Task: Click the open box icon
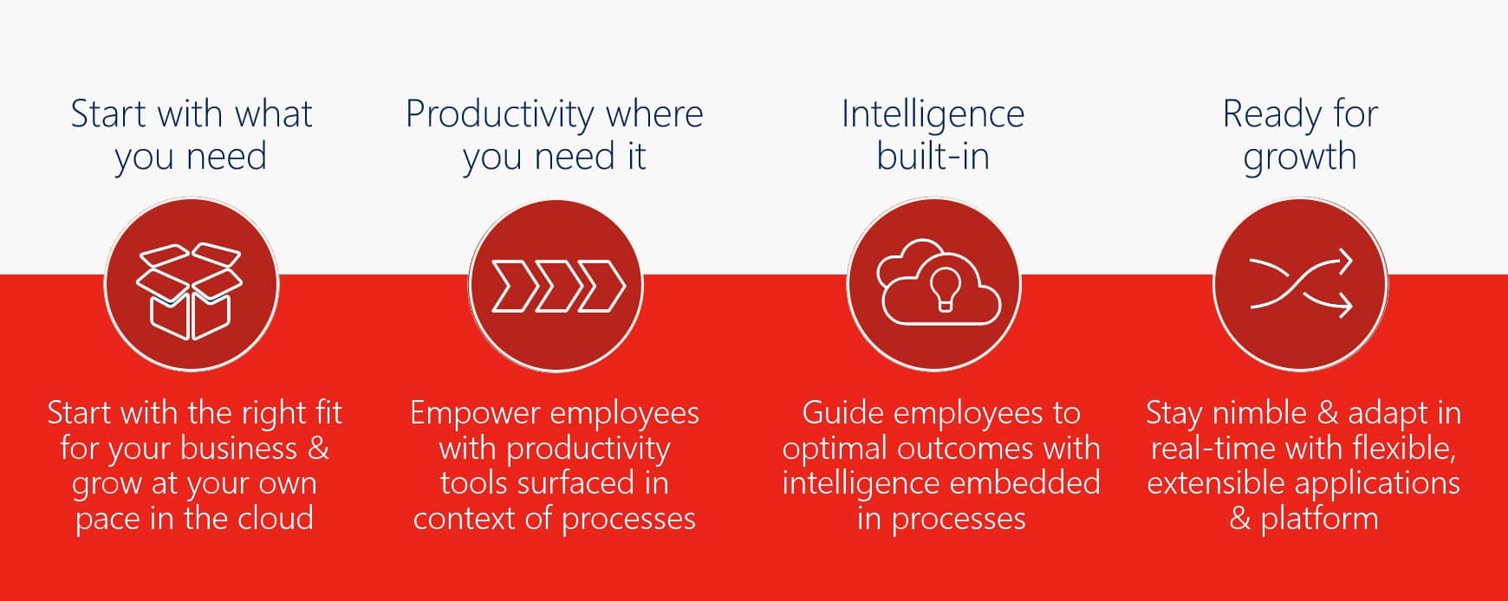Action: (x=190, y=291)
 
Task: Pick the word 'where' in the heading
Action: (x=654, y=113)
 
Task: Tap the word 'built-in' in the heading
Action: (x=933, y=156)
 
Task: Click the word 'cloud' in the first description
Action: (x=276, y=518)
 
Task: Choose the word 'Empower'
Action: (x=476, y=414)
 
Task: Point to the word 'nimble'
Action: (x=1260, y=412)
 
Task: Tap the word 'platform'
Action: (x=1319, y=518)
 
